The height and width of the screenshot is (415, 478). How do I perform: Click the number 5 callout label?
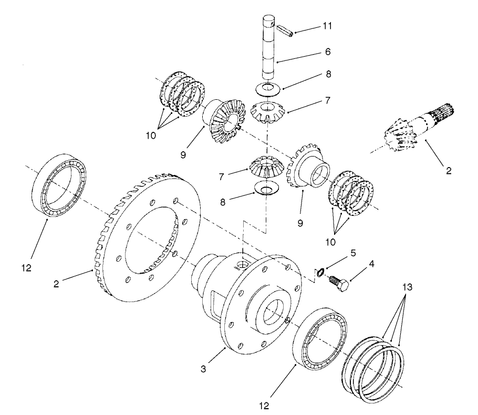tap(353, 253)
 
